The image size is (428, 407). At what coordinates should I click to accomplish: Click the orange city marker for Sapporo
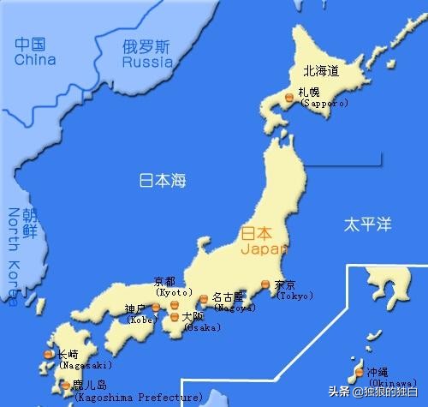coord(289,99)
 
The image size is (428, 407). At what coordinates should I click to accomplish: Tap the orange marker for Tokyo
coord(265,284)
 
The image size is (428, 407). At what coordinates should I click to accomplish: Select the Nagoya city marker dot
coord(204,299)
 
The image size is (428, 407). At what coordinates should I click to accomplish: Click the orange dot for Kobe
coord(155,305)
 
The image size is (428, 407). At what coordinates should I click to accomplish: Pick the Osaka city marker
coord(175,317)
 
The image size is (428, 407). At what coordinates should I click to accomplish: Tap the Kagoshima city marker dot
coord(66,386)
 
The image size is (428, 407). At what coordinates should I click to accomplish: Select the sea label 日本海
coord(163,181)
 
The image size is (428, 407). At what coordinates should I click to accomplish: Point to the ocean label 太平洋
coord(367,224)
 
